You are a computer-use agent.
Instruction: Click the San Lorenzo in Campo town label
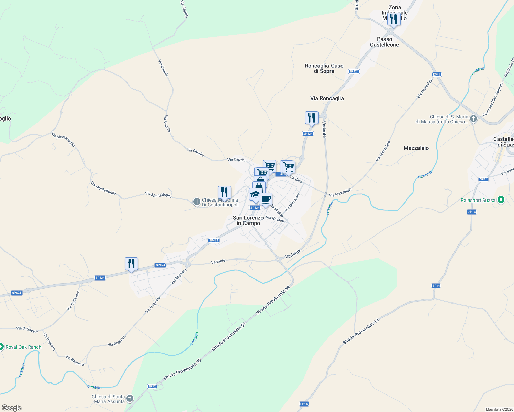[x=248, y=220]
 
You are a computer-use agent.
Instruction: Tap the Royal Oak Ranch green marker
[x=1, y=347]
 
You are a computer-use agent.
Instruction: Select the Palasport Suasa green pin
[x=501, y=199]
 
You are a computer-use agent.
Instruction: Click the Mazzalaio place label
[x=416, y=148]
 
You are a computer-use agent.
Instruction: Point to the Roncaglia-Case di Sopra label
[x=324, y=68]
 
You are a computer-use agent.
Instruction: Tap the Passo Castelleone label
[x=384, y=42]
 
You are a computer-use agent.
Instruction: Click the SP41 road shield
[x=436, y=75]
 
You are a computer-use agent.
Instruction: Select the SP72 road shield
[x=152, y=386]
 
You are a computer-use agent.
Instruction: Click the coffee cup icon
[x=266, y=199]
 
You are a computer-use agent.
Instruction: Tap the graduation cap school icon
[x=255, y=195]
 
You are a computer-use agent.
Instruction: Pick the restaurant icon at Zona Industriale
[x=393, y=19]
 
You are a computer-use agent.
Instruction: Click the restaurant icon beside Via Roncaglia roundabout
[x=311, y=118]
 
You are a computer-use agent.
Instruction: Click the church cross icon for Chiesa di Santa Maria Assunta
[x=130, y=398]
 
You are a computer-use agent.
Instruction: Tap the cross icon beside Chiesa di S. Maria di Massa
[x=473, y=119]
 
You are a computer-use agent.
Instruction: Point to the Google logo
[x=11, y=408]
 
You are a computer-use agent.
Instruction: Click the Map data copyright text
[x=499, y=409]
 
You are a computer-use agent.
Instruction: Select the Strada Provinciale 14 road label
[x=361, y=331]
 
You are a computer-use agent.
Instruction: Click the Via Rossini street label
[x=275, y=219]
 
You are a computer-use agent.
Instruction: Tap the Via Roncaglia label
[x=327, y=98]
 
